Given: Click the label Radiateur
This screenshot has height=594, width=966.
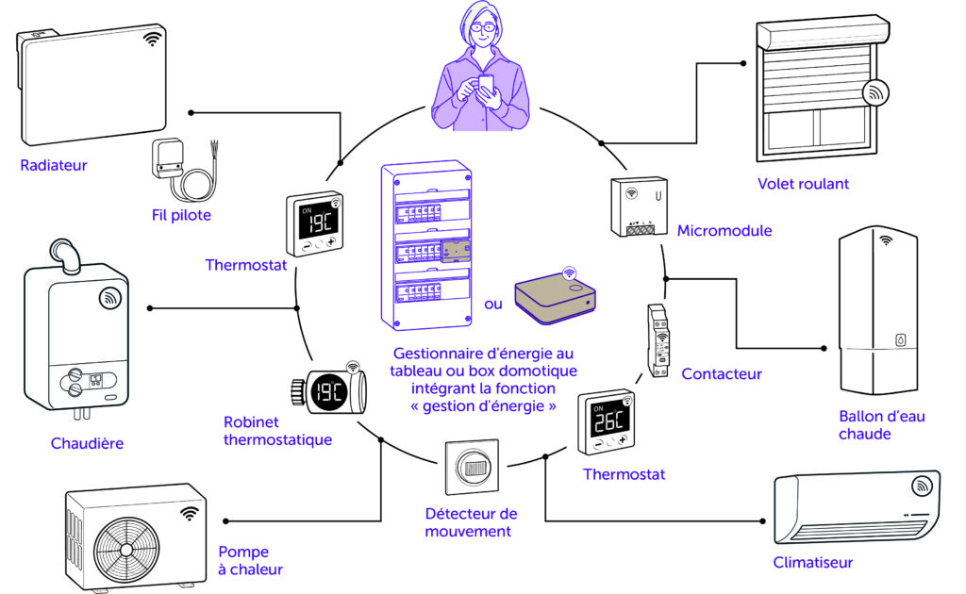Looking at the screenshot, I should [x=54, y=166].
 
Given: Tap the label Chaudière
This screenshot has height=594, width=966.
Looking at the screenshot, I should [x=87, y=443].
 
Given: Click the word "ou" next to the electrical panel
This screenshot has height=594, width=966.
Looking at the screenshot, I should [x=493, y=305].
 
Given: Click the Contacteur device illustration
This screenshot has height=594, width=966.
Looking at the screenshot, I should [x=659, y=339].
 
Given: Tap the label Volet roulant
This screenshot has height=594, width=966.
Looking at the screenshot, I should [x=803, y=184].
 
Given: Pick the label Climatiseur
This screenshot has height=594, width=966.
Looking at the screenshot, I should [x=812, y=563].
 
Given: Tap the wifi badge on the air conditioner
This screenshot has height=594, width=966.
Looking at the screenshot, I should [x=922, y=487].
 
